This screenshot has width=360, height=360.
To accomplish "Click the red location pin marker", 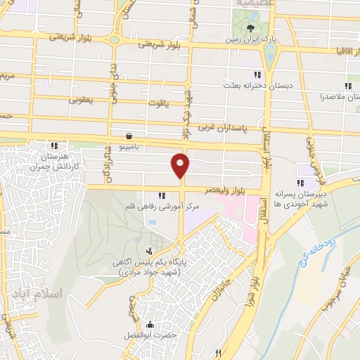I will pos(181,165).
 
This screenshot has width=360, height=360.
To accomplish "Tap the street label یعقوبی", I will pos(82,101).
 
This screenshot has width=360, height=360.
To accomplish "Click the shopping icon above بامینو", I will pos(129,136).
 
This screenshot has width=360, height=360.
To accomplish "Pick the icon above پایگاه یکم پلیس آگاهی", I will pos(148,250).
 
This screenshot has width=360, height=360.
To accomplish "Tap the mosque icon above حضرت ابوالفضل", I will pos(149,325).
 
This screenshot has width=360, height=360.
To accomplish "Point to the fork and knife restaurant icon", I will pos(219,352).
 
